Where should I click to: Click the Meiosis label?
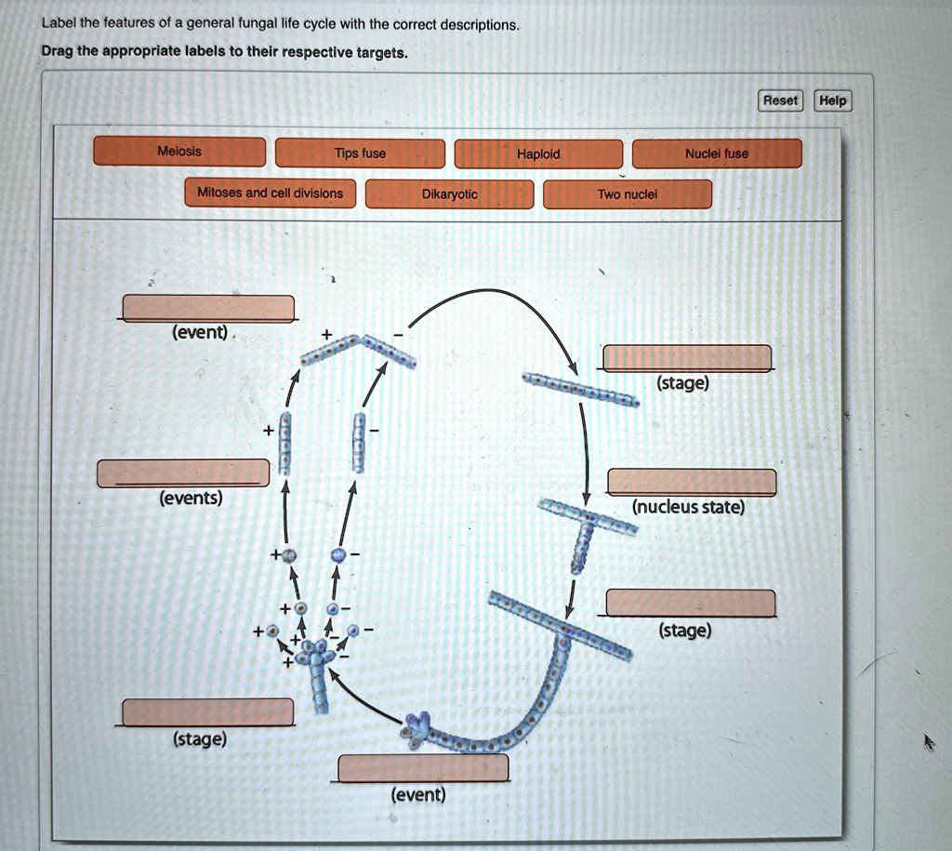[179, 152]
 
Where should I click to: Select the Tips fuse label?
[361, 153]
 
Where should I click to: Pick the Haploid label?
[538, 154]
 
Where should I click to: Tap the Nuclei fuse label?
[716, 153]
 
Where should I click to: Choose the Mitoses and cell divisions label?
[270, 193]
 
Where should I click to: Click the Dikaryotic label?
[449, 194]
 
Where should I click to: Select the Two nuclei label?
[628, 194]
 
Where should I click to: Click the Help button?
[833, 100]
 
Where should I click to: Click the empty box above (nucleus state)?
[692, 482]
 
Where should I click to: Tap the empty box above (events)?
[183, 472]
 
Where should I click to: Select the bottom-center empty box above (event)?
[423, 768]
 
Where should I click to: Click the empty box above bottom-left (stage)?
[208, 711]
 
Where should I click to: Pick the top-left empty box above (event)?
[208, 307]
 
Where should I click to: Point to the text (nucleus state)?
[688, 508]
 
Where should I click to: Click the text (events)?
[191, 499]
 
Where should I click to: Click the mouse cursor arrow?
[928, 741]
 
